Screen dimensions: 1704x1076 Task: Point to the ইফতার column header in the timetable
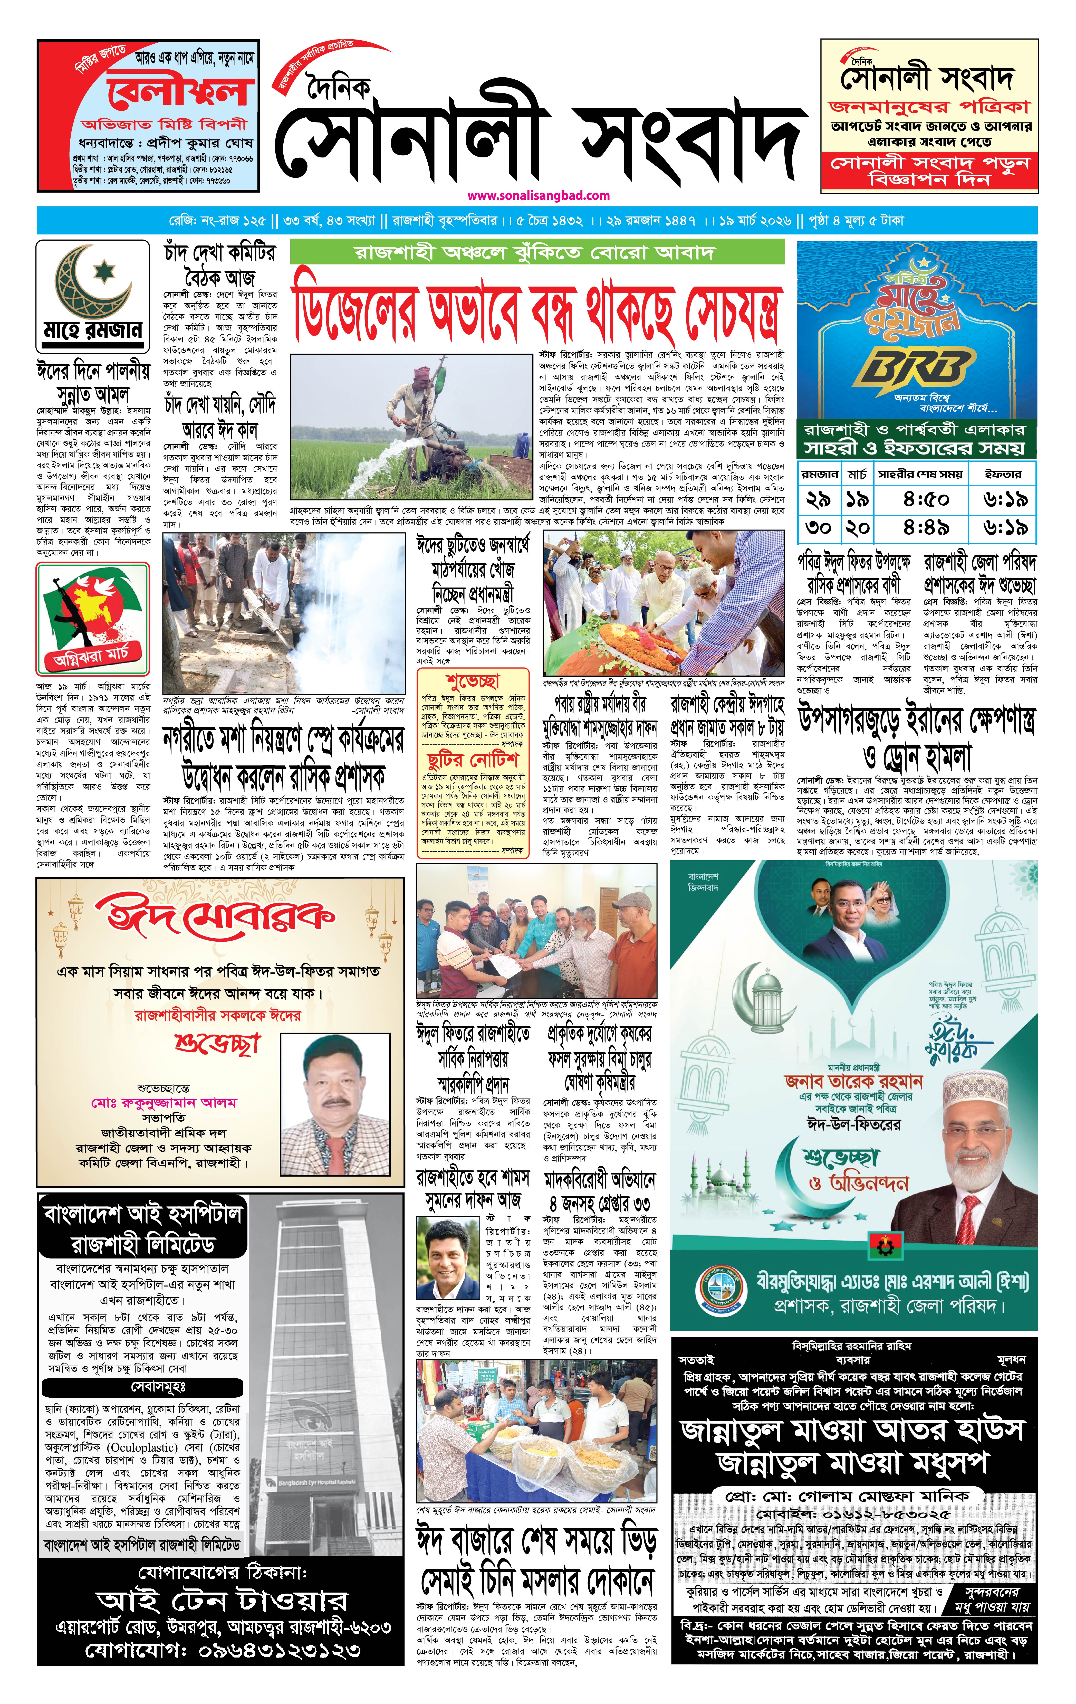click(1002, 474)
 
